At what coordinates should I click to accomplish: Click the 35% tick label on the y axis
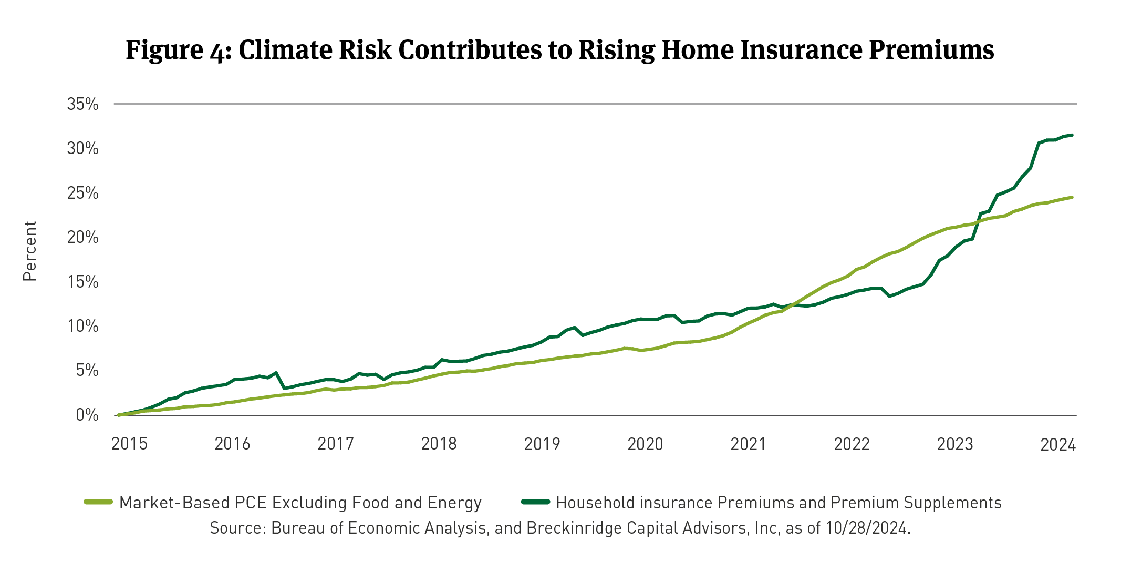click(82, 104)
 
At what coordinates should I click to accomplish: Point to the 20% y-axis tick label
click(82, 238)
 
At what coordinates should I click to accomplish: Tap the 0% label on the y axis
click(87, 415)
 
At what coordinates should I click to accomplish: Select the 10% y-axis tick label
click(82, 327)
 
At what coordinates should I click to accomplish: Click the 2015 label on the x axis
click(129, 444)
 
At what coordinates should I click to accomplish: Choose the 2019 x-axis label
click(542, 444)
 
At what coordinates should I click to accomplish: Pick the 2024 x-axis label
click(1058, 445)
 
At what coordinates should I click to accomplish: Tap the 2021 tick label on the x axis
click(749, 444)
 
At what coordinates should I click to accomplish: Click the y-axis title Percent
click(30, 251)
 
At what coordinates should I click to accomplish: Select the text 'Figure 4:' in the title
click(179, 50)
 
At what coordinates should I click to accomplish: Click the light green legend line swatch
click(99, 502)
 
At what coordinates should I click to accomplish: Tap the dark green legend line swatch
click(535, 502)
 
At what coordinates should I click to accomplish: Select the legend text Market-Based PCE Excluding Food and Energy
click(300, 503)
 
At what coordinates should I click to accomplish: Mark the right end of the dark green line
click(1072, 135)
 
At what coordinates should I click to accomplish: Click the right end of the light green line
click(1072, 197)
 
